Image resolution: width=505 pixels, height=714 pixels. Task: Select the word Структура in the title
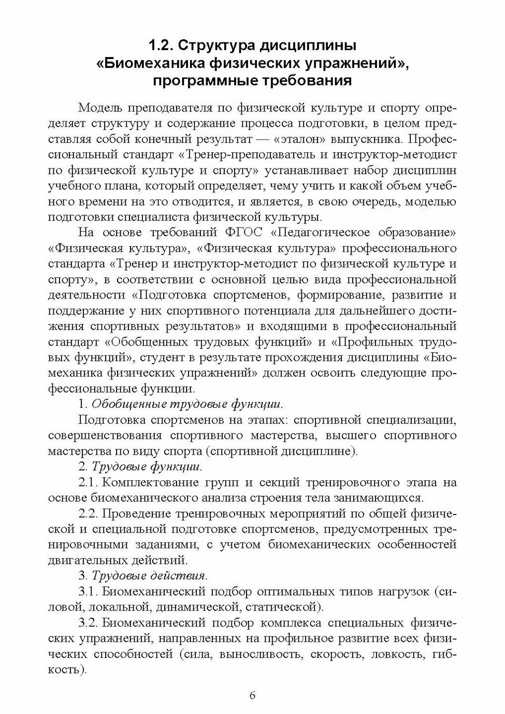[215, 47]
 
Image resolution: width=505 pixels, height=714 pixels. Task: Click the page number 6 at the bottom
[252, 695]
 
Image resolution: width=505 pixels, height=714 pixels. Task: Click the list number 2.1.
[89, 482]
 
